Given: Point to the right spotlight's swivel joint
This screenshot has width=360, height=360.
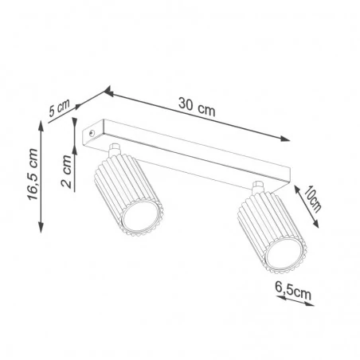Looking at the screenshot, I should tap(256, 189).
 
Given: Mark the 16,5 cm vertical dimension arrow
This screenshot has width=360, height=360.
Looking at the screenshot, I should tap(41, 177).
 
